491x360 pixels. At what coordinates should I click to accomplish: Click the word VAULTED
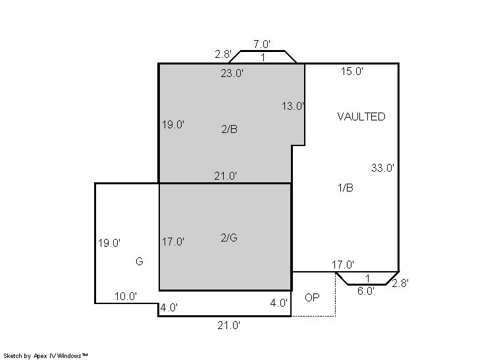pos(361,116)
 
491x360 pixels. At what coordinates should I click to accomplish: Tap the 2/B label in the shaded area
pos(229,129)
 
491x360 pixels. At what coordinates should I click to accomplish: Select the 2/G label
pos(229,238)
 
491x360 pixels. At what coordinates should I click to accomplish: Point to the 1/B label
pos(346,188)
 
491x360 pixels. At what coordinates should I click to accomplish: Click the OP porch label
pos(312,297)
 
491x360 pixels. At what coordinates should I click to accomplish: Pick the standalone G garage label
pos(140,261)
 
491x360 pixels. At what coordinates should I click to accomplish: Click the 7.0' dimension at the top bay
pos(262,44)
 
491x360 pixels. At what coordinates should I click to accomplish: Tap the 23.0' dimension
pos(232,73)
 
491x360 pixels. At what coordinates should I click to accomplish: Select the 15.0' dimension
pos(352,71)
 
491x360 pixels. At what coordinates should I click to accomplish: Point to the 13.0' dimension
pos(293,106)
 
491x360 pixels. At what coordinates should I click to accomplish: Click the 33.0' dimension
pos(382,168)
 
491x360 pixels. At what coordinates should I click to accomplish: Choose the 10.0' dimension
pos(125,296)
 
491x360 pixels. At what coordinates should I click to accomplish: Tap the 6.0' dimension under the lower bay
pos(366,291)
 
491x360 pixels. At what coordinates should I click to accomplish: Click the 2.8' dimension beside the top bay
pos(223,54)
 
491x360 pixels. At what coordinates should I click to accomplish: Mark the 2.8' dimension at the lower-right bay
pos(400,283)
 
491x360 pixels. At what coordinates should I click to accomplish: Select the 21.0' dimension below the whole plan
pos(229,326)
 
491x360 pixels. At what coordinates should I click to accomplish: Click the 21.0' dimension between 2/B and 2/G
pos(226,176)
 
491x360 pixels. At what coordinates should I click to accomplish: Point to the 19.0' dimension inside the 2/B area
pos(173,124)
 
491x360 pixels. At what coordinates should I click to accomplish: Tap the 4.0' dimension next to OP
pos(278,303)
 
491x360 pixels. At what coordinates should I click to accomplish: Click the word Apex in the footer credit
pos(39,356)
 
